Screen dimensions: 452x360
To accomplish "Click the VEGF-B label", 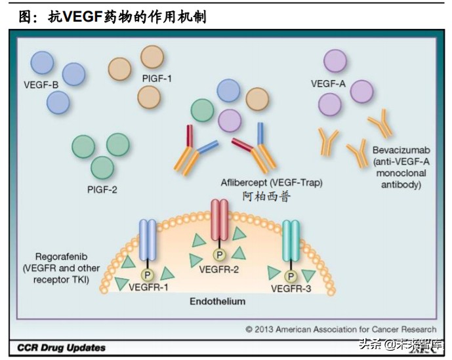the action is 41,85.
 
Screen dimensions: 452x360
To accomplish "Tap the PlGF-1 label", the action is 157,79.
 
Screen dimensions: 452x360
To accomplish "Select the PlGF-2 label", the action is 102,190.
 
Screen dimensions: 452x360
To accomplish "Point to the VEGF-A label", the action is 328,83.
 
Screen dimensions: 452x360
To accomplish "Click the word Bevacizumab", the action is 401,150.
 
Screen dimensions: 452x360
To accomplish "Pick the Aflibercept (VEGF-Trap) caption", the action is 272,183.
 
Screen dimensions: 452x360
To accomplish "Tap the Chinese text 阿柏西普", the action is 266,197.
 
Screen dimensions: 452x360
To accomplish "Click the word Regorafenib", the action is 61,256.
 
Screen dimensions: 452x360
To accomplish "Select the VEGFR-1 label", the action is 148,287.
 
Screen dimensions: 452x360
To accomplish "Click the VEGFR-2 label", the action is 219,270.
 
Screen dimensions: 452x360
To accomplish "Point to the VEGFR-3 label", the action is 291,289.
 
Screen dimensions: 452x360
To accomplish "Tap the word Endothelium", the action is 218,302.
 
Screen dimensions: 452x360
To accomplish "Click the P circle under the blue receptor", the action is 148,275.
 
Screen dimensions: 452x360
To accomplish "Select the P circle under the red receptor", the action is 220,254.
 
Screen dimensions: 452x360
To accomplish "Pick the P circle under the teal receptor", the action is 291,276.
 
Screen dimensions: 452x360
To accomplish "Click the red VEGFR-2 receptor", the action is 220,220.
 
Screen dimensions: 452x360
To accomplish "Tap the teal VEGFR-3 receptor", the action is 291,241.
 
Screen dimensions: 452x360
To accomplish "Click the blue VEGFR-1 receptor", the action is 148,240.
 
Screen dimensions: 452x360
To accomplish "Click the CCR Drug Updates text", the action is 62,348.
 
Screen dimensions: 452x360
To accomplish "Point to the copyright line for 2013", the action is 341,329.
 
